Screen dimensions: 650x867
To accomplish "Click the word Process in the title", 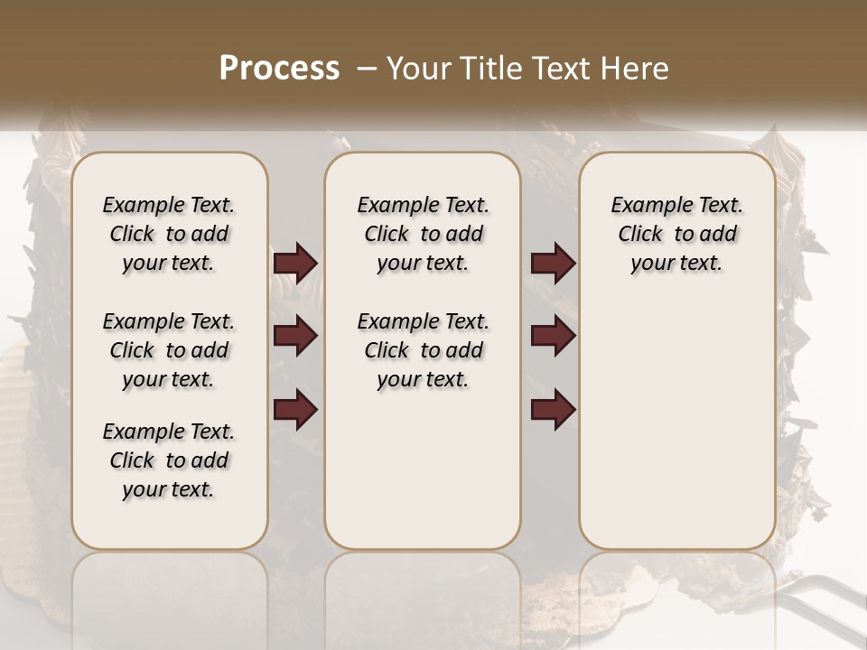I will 279,69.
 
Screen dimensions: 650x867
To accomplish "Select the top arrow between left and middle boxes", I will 295,264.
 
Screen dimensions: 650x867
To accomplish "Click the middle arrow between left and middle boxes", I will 295,337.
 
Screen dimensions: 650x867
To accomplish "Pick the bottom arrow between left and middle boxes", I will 295,410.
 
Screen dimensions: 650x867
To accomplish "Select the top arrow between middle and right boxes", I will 553,264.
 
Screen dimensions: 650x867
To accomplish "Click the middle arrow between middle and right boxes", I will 553,337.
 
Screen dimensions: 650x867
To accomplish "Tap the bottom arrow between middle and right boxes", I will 553,410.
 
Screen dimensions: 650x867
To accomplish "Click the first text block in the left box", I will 169,234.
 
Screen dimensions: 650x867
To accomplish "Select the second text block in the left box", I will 169,350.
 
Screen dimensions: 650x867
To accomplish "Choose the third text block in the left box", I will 169,460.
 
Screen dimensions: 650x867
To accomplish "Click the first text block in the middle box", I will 423,234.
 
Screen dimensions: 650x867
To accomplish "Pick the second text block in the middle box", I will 423,350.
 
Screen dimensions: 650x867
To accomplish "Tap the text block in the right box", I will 677,234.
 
